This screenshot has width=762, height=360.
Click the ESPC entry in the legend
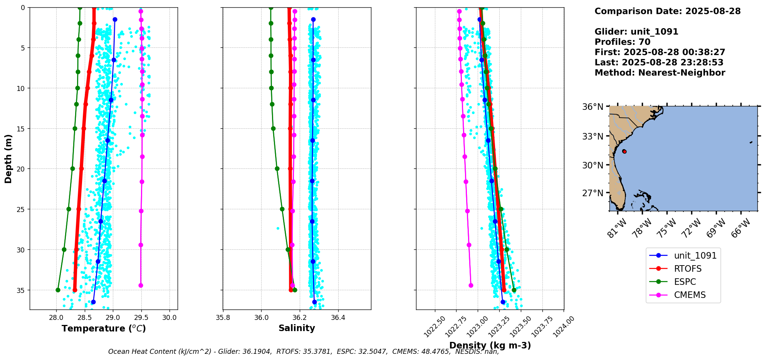pyautogui.click(x=685, y=282)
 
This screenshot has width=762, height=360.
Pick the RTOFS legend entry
pyautogui.click(x=688, y=269)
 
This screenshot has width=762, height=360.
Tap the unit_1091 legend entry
pyautogui.click(x=695, y=256)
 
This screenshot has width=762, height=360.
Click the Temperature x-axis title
pyautogui.click(x=104, y=328)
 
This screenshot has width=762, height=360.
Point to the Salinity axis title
pyautogui.click(x=297, y=328)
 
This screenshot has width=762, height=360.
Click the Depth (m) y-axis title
pyautogui.click(x=8, y=158)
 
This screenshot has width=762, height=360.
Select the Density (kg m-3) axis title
pyautogui.click(x=490, y=345)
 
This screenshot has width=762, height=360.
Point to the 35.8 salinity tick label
pyautogui.click(x=223, y=318)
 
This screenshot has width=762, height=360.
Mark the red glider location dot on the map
pyautogui.click(x=624, y=151)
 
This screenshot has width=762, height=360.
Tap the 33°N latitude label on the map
pyautogui.click(x=593, y=136)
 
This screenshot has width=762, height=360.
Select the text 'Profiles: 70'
pyautogui.click(x=622, y=42)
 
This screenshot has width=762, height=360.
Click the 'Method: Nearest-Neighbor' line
pyautogui.click(x=660, y=73)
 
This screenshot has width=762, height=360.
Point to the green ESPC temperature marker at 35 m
pyautogui.click(x=58, y=290)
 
